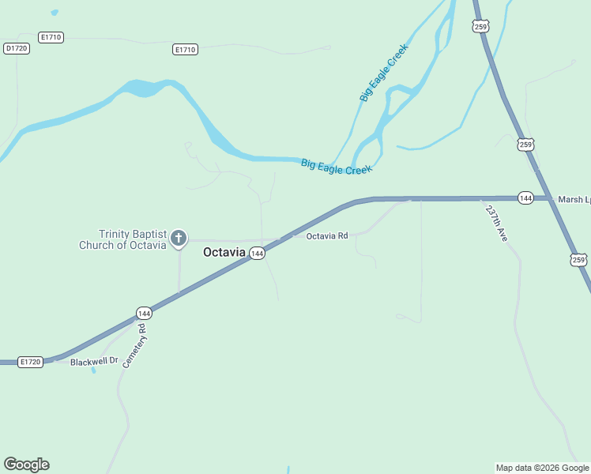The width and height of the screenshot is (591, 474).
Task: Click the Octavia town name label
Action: tap(224, 253)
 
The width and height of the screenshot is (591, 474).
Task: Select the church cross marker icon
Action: tap(179, 238)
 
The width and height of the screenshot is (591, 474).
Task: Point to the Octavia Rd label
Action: tap(327, 235)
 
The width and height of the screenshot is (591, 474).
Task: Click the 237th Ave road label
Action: tap(496, 224)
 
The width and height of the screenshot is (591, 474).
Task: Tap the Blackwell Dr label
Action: tap(93, 361)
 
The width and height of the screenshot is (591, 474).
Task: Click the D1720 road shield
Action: tap(17, 48)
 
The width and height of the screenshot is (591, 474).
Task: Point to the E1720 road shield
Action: tap(29, 362)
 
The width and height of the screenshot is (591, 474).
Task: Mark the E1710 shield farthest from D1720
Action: tap(185, 49)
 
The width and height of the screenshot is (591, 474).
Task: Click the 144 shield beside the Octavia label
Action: tap(257, 254)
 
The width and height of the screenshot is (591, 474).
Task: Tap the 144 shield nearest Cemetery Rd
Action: tap(143, 313)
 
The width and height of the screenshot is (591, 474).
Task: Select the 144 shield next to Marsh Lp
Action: tap(525, 197)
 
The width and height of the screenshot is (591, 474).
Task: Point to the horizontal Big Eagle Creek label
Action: tap(336, 167)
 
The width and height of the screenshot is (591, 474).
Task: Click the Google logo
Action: tap(26, 465)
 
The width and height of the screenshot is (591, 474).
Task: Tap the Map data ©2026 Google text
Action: tap(543, 468)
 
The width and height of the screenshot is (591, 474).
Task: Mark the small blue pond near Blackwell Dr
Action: tap(94, 369)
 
